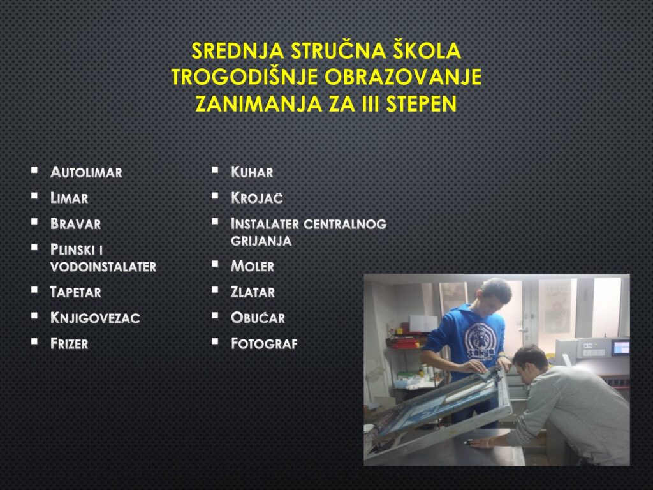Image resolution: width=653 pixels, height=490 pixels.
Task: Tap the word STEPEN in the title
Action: (x=421, y=104)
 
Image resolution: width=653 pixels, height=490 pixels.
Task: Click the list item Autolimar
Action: (x=86, y=172)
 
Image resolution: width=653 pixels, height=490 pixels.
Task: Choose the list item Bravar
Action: (x=75, y=224)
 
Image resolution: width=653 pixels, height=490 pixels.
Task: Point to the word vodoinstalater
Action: (x=103, y=267)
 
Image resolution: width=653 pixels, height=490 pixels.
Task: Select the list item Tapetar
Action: (x=75, y=292)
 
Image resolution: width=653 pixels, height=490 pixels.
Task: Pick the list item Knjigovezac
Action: (x=95, y=318)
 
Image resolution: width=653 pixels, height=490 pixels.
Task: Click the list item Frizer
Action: (x=69, y=343)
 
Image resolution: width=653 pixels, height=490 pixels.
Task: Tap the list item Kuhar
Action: (x=252, y=172)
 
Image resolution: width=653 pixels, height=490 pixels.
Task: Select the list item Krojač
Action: (x=256, y=198)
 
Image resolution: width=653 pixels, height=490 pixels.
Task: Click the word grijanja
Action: (x=261, y=241)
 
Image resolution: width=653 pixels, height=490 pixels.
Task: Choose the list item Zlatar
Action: (x=253, y=292)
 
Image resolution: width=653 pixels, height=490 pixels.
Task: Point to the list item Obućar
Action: (x=258, y=318)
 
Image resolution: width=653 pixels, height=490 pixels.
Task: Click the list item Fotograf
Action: (x=264, y=343)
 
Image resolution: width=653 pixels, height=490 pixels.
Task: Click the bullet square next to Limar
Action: (x=34, y=195)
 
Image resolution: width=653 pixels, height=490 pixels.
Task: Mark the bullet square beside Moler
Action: (x=215, y=264)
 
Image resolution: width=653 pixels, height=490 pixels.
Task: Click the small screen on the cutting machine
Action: (x=620, y=347)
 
